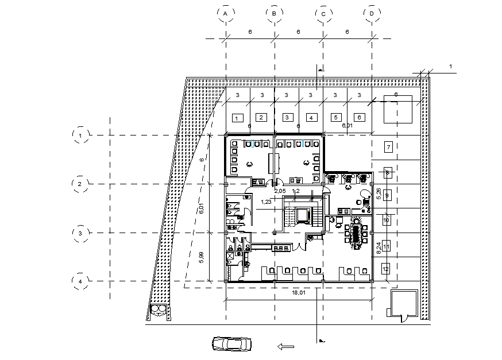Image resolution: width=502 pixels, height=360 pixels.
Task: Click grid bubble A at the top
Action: point(226,13)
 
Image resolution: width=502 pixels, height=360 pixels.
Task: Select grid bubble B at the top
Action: point(275,13)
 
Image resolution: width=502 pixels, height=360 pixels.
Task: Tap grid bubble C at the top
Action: point(323,13)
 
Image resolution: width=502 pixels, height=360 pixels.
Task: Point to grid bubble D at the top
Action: point(372,13)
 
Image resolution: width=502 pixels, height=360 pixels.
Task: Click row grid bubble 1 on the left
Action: point(81,135)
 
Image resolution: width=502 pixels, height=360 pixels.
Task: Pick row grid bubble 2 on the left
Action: point(81,184)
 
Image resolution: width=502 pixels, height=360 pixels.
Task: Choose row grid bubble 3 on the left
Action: point(81,233)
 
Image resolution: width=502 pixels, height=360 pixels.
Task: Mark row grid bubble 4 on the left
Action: point(81,281)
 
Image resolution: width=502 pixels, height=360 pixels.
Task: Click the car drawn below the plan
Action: point(231,343)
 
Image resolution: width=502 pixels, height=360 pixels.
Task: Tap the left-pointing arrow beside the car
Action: point(285,346)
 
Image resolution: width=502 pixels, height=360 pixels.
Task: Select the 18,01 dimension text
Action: point(298,292)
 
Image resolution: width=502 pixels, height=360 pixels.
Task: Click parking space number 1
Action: point(236,118)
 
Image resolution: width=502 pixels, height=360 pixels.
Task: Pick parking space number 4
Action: point(311,118)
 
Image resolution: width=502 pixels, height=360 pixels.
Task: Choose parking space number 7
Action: point(388,146)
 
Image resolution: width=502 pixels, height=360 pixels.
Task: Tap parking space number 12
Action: point(386,268)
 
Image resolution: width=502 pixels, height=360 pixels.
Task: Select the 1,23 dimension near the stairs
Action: point(266,202)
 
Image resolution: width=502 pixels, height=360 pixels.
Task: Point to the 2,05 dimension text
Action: point(280,190)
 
